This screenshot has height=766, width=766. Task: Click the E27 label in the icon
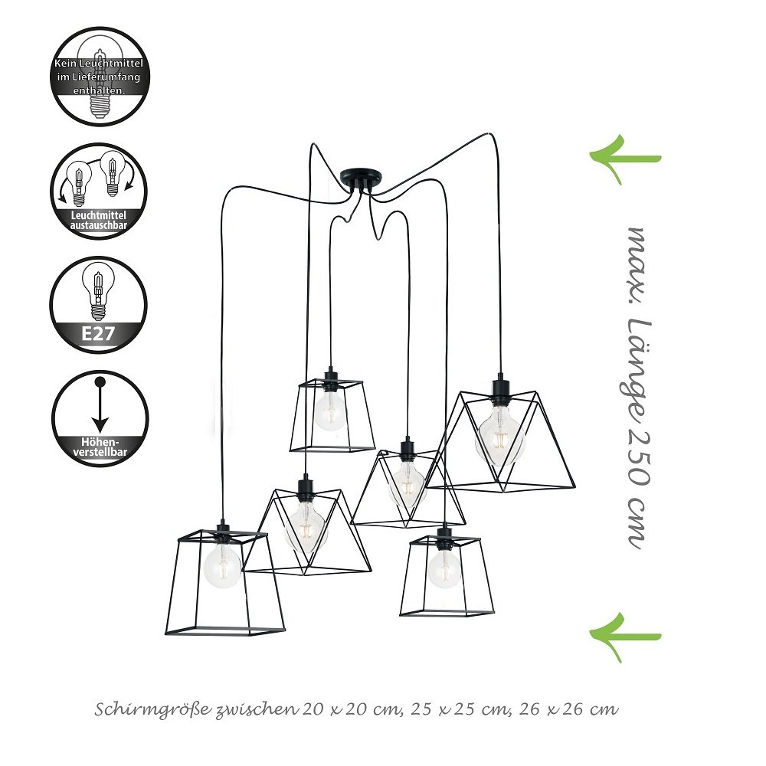pos(98,333)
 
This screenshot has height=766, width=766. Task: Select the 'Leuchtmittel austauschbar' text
pos(98,221)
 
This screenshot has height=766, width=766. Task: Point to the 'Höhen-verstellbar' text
pos(100,447)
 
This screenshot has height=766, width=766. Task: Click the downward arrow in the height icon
pos(100,405)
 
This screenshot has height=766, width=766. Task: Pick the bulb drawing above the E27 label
pos(98,290)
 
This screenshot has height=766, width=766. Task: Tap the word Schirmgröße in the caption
pos(153,710)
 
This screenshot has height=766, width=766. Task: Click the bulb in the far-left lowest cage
pos(223,566)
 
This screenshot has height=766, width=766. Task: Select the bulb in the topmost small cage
pos(329,411)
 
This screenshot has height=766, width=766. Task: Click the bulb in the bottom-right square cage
pos(444,568)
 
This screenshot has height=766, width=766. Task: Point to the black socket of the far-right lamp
pos(499,388)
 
